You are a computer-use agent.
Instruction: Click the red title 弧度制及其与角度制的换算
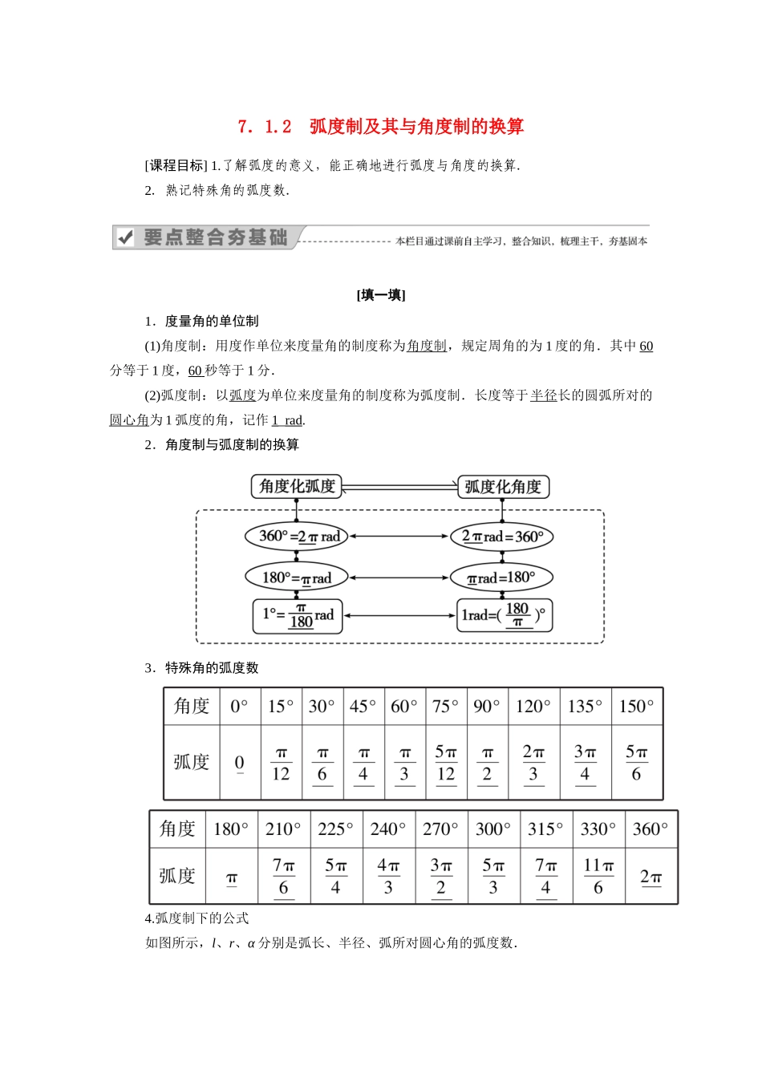[x=416, y=126]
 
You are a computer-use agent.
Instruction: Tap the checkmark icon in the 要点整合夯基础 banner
[x=125, y=237]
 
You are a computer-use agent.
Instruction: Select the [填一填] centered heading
[x=381, y=295]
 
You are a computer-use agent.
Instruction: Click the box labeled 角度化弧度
[x=297, y=486]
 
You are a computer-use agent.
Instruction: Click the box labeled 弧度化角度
[x=503, y=487]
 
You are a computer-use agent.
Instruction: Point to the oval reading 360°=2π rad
[x=297, y=537]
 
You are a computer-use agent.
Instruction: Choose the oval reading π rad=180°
[x=501, y=577]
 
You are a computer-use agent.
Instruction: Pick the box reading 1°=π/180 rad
[x=298, y=615]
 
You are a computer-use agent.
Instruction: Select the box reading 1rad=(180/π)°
[x=504, y=615]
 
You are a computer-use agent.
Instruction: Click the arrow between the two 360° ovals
[x=399, y=537]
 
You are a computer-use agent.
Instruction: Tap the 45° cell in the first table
[x=363, y=707]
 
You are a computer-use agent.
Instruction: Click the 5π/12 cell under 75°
[x=445, y=763]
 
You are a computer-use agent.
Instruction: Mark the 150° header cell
[x=637, y=707]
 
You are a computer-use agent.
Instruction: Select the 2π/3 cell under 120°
[x=533, y=763]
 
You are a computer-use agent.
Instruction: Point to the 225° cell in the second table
[x=335, y=829]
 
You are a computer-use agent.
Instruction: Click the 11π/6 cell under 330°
[x=598, y=876]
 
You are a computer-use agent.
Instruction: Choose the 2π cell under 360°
[x=651, y=877]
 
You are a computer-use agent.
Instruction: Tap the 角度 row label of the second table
[x=177, y=829]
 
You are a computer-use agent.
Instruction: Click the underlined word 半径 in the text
[x=543, y=395]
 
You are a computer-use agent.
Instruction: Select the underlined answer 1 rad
[x=287, y=420]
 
